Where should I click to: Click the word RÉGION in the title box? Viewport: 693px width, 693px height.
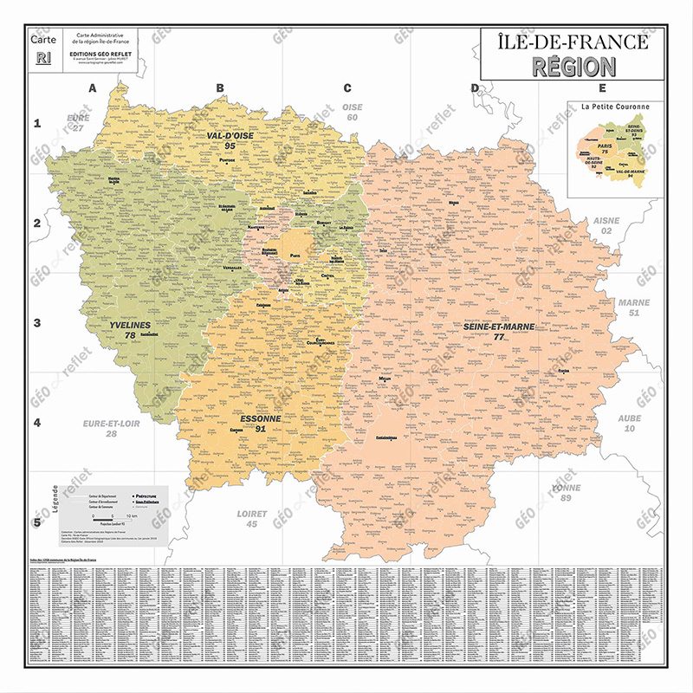(573, 66)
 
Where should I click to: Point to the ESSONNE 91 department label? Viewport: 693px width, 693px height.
(260, 423)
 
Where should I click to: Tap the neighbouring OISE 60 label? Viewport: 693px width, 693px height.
(352, 112)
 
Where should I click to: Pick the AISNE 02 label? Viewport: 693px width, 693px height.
(606, 226)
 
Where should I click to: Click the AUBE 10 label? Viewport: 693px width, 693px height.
(630, 423)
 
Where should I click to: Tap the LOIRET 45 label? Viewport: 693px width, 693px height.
(252, 518)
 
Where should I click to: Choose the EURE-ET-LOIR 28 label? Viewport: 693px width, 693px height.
(111, 428)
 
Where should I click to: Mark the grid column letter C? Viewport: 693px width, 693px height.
(347, 87)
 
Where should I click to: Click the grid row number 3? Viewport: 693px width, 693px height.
(37, 323)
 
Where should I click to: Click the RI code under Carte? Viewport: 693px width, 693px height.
(43, 58)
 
